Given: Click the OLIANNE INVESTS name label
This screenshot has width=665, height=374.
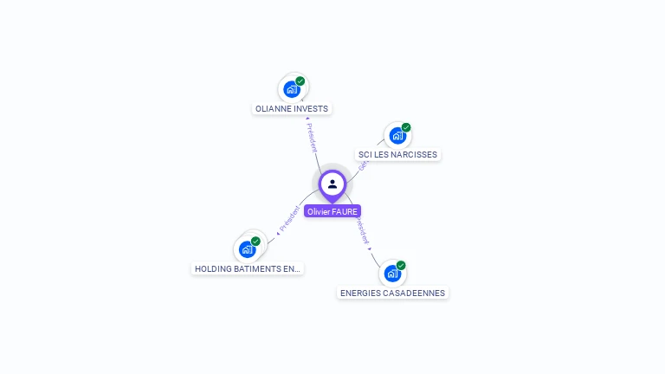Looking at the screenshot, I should [x=292, y=109].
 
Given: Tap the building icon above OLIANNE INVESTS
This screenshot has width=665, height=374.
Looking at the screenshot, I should [x=292, y=88].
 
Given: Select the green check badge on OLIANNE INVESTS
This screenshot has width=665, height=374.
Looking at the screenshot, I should [x=300, y=81].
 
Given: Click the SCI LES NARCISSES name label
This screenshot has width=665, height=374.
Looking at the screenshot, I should [x=398, y=155].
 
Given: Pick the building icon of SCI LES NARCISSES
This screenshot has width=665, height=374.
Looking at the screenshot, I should [x=397, y=135].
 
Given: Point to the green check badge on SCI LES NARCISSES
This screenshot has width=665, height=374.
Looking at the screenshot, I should [x=406, y=128].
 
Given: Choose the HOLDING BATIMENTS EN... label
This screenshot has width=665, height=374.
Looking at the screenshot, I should [x=248, y=269].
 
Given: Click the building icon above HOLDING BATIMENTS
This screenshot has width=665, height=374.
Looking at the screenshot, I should [x=247, y=249].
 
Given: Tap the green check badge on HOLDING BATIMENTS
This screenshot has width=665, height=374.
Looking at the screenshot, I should [x=255, y=242].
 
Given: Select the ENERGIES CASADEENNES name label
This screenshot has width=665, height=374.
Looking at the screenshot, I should [x=392, y=293].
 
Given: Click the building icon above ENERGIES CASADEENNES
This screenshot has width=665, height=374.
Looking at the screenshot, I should [x=392, y=274].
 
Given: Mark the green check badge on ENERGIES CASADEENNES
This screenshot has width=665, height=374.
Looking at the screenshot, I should [x=401, y=266].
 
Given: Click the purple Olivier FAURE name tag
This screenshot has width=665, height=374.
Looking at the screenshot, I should [x=332, y=211].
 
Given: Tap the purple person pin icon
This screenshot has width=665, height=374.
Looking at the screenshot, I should [x=332, y=184].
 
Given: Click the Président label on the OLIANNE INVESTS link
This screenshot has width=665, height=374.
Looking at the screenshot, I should [x=312, y=137].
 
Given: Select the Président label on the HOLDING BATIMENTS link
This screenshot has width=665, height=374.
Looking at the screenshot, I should [x=288, y=220].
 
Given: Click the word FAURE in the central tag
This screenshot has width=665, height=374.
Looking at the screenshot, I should [x=345, y=211].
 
